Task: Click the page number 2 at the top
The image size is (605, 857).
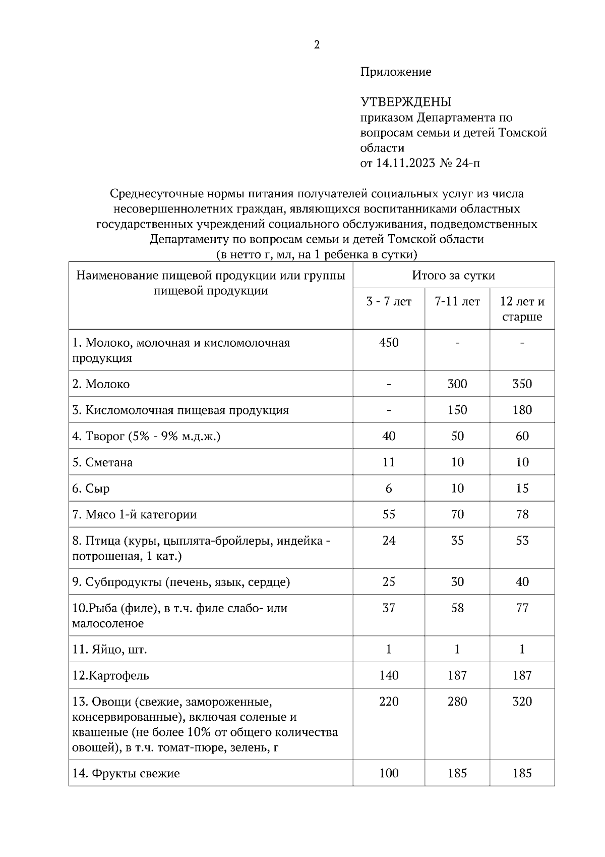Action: [x=317, y=45]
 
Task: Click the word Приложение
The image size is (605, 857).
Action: [x=395, y=72]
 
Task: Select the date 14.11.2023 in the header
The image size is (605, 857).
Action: [x=405, y=163]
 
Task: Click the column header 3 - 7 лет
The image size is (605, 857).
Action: [x=388, y=302]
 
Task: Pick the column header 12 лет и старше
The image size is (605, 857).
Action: [x=522, y=309]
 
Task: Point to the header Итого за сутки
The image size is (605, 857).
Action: [x=453, y=276]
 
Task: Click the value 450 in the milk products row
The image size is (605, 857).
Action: [x=388, y=343]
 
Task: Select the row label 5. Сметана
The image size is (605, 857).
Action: [x=102, y=462]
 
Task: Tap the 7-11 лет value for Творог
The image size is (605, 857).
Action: [x=457, y=436]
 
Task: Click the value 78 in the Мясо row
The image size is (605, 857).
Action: [x=522, y=514]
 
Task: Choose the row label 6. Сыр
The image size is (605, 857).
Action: [x=91, y=489]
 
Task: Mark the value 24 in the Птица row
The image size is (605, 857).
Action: [x=388, y=541]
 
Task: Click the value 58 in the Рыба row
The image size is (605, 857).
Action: [x=457, y=608]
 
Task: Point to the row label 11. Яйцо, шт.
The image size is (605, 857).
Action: [x=109, y=650]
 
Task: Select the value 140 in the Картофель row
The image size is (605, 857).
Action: [x=388, y=675]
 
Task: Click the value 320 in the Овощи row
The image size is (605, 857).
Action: [x=522, y=702]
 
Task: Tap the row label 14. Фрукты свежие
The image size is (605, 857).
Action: [x=126, y=773]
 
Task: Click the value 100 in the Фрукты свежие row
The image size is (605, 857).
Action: [x=388, y=773]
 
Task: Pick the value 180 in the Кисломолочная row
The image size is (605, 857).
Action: [x=522, y=410]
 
